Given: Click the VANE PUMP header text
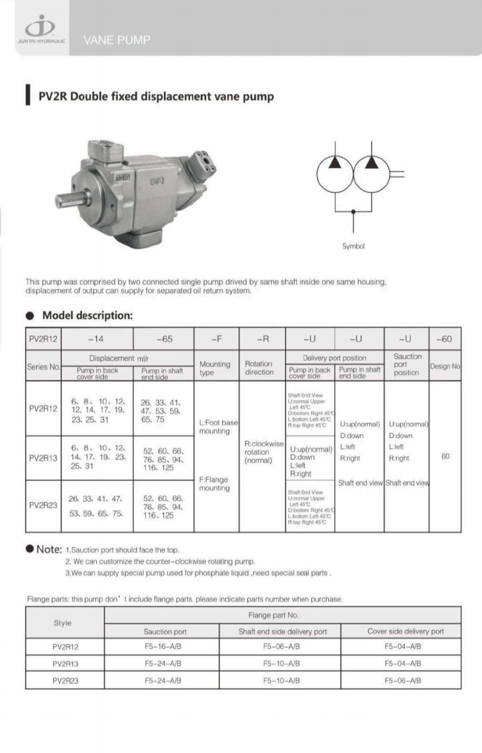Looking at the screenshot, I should tap(117, 40).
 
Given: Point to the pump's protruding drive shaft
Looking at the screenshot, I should tap(70, 199).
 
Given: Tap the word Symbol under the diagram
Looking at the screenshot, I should tap(353, 246).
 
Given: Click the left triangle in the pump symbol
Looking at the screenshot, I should tap(335, 162).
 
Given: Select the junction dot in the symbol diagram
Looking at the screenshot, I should tap(353, 211).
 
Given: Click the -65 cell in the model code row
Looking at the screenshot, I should tap(164, 339).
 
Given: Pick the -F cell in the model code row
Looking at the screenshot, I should tap(216, 339).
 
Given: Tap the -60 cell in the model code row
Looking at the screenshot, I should tap(444, 339).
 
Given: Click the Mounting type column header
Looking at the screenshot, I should tap(215, 368).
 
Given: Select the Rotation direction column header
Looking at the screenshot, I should tap(259, 368).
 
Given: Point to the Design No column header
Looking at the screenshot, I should tap(445, 366).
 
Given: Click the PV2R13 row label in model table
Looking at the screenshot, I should tap(43, 458).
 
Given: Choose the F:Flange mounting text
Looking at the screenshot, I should tap(214, 484).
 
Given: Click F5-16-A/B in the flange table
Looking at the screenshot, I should tap(163, 646).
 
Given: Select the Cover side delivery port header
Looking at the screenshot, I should tap(405, 631).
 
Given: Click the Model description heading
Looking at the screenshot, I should tap(87, 315).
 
